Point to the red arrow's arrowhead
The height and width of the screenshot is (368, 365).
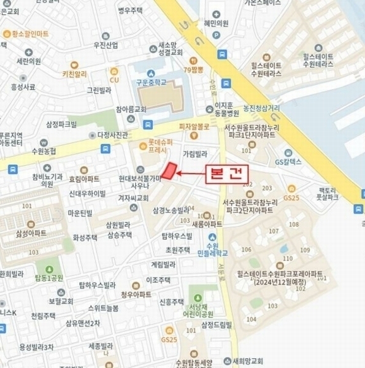179,175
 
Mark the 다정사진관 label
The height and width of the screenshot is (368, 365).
112,134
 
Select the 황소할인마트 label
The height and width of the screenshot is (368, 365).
29,34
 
